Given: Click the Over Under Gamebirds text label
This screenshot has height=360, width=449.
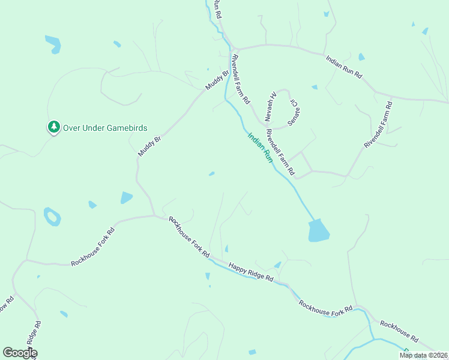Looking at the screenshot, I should tap(105, 128).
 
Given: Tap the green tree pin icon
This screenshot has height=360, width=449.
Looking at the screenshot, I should tap(54, 127).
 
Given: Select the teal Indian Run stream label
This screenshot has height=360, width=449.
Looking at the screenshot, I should tap(261, 148).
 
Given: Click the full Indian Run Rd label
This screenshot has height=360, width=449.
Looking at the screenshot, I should tap(344, 67).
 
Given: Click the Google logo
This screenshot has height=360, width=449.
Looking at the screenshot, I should tap(20, 353).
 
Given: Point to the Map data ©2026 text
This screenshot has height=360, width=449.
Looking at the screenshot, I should tap(423, 355).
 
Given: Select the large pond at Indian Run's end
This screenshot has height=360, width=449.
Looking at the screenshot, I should tap(318, 230).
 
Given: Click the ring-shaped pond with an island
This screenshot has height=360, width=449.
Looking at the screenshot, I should tap(52, 216).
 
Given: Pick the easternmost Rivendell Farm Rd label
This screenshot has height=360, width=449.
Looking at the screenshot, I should tap(378, 125).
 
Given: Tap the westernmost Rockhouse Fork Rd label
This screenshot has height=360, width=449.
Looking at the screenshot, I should tap(92, 247).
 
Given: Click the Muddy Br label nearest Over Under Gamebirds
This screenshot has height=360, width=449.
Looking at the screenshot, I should tap(150, 146).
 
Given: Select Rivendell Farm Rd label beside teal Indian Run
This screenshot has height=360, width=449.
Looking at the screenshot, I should tap(280, 152).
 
